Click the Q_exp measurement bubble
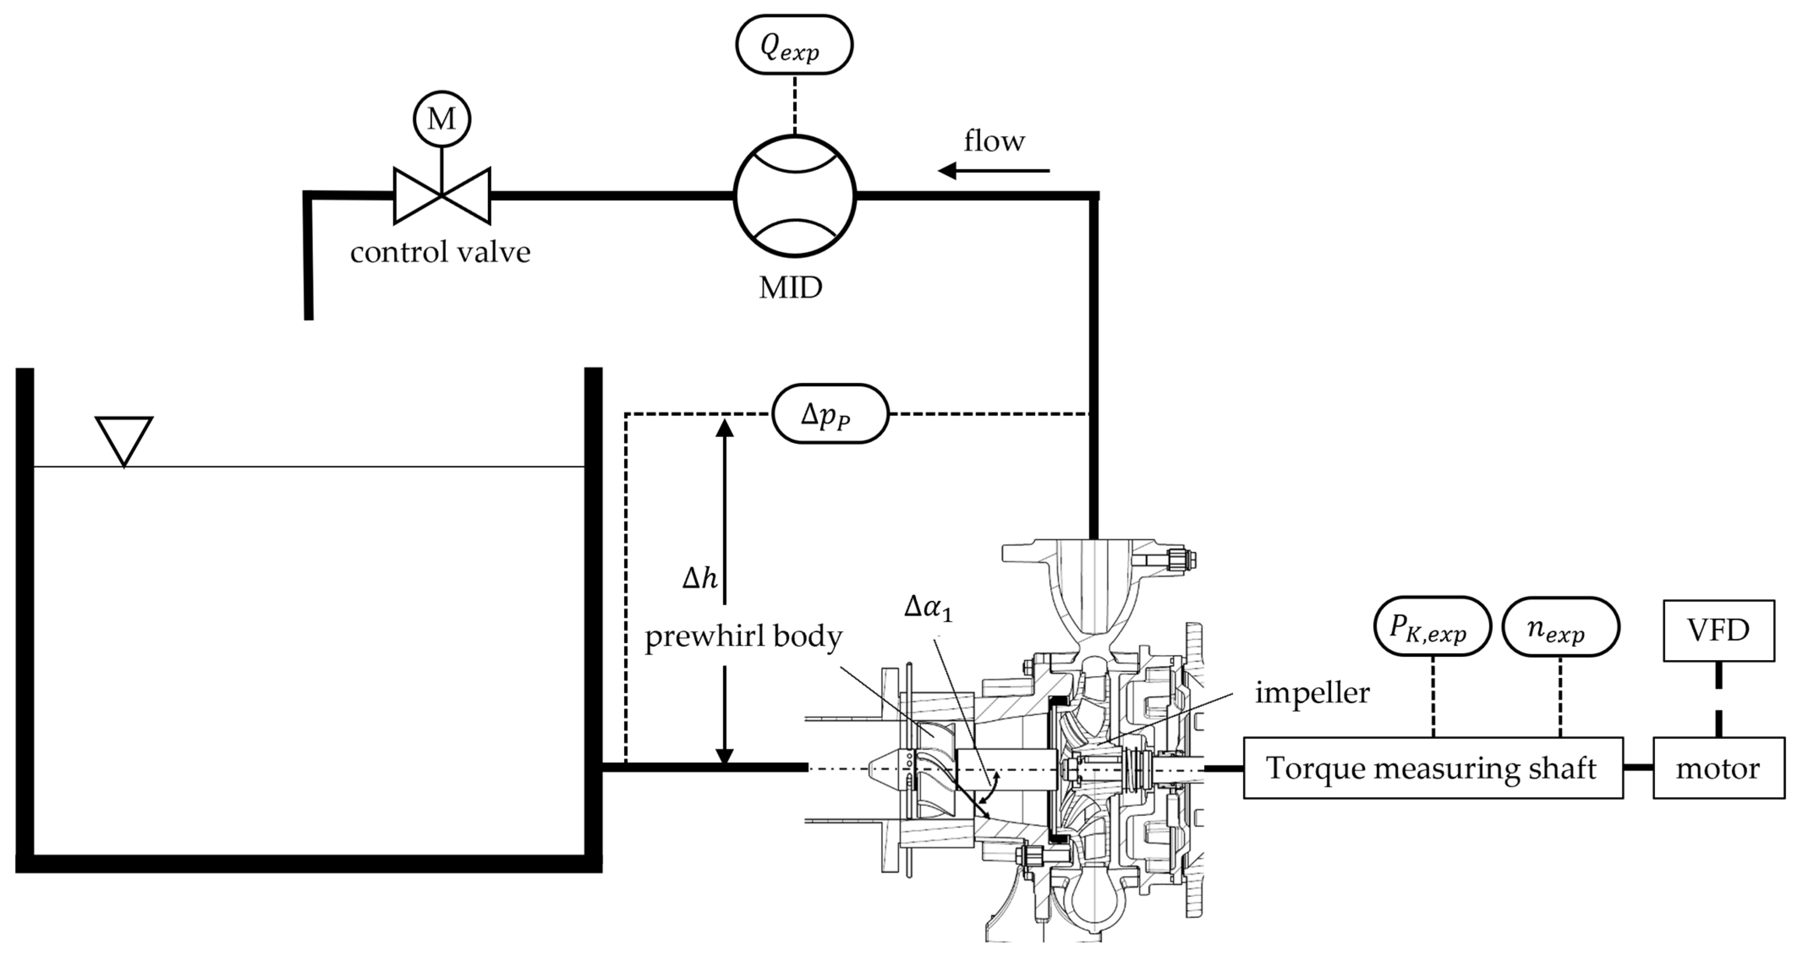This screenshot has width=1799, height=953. pyautogui.click(x=794, y=45)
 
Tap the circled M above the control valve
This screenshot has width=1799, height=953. pyautogui.click(x=441, y=119)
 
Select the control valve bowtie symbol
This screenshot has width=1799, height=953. pyautogui.click(x=441, y=196)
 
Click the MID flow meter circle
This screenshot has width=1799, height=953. pyautogui.click(x=794, y=196)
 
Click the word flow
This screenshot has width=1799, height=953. pyautogui.click(x=994, y=141)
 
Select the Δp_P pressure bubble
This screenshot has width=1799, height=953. pyautogui.click(x=830, y=414)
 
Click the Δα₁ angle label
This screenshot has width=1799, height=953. pyautogui.click(x=928, y=607)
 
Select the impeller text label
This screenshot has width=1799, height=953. pyautogui.click(x=1312, y=693)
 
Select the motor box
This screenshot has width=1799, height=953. pyautogui.click(x=1718, y=768)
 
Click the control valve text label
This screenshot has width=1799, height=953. pyautogui.click(x=440, y=252)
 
